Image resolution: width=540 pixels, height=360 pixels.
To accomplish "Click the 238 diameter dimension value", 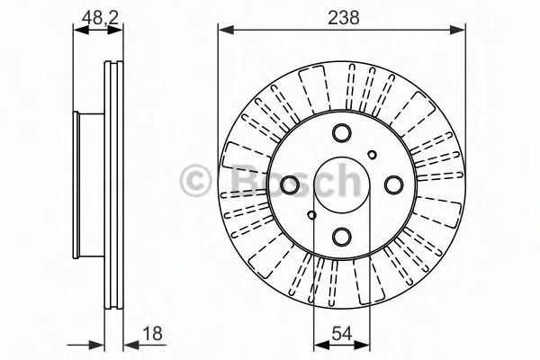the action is click(344, 17).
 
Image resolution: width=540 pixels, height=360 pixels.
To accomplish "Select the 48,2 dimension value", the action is click(100, 17).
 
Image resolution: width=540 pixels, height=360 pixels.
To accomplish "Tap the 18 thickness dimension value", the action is click(153, 334).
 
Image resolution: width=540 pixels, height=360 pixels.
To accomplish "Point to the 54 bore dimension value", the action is click(342, 334).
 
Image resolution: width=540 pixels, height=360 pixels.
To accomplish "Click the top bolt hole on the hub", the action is click(342, 132).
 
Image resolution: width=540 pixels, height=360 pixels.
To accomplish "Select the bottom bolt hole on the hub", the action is click(342, 237).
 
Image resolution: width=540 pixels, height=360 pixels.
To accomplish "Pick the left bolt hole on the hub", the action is click(290, 184).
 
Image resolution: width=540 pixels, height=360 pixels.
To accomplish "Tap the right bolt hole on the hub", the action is click(393, 184).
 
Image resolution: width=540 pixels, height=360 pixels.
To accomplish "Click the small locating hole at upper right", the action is click(372, 155).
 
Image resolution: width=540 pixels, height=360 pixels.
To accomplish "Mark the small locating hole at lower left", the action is click(311, 215).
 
